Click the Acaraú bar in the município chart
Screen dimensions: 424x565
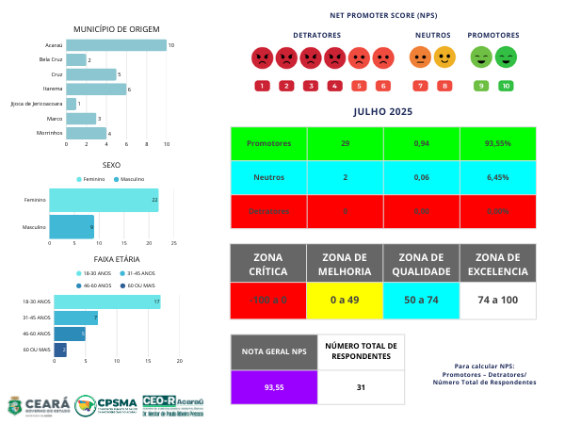[x=116, y=45]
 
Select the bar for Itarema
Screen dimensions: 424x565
[x=96, y=90]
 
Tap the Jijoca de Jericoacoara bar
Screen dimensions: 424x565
[x=72, y=104]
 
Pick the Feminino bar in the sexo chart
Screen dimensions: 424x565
[x=104, y=200]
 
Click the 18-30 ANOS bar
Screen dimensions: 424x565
[x=106, y=302]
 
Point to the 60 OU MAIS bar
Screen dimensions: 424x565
[x=60, y=350]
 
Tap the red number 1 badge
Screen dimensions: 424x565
[x=261, y=86]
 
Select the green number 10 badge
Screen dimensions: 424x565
[x=506, y=86]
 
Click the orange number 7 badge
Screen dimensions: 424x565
[x=420, y=86]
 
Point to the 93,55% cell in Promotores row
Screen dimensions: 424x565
[x=497, y=143]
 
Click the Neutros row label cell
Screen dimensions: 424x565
[x=268, y=177]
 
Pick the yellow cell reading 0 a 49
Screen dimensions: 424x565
[x=345, y=300]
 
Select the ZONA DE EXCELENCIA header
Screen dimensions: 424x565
[x=497, y=264]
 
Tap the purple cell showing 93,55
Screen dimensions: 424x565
[x=274, y=387]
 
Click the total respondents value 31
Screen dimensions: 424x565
[x=362, y=387]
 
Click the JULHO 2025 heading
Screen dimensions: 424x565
[x=382, y=111]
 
